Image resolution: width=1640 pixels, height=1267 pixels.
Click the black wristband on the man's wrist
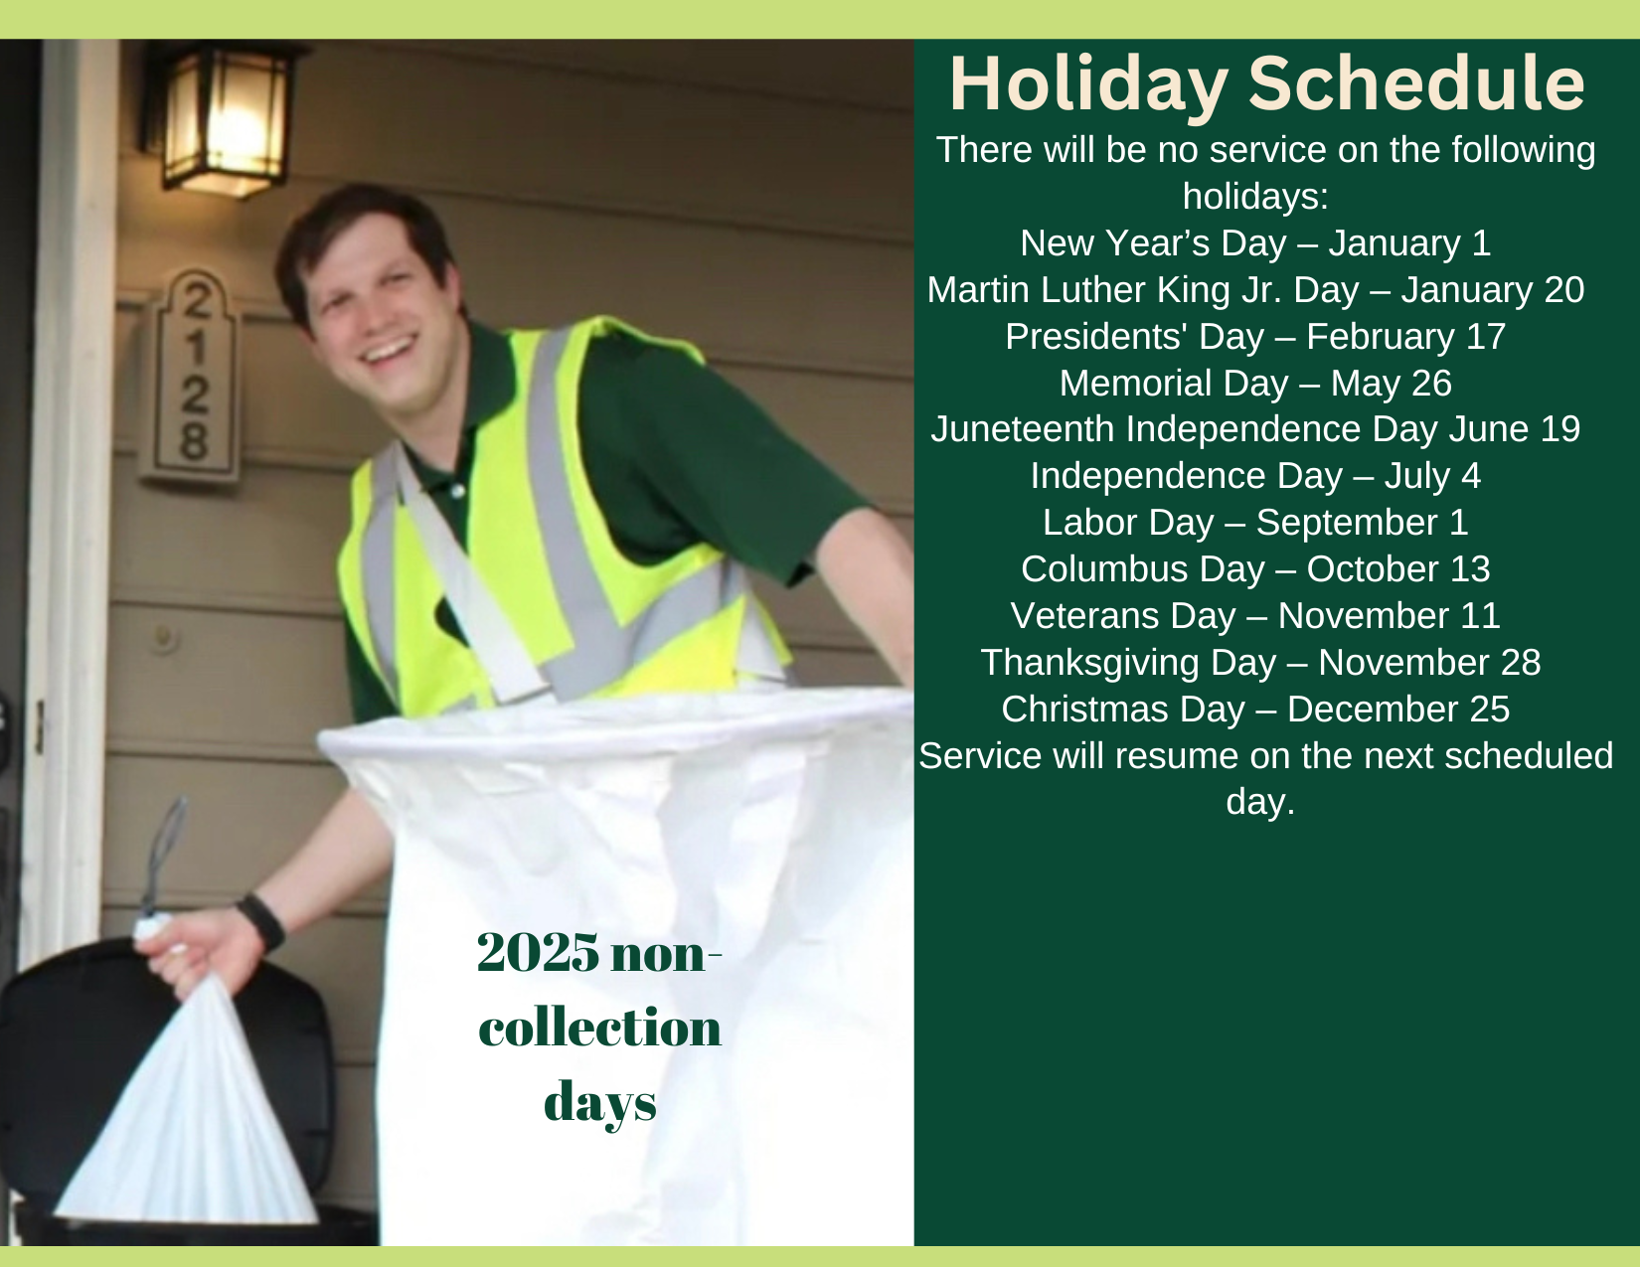(x=260, y=922)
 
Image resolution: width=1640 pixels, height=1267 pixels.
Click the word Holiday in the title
(x=1088, y=84)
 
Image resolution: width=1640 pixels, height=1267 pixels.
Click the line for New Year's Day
(x=1256, y=243)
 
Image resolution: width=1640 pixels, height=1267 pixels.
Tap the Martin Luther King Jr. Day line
(x=1256, y=290)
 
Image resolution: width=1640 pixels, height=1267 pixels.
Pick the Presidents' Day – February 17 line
(x=1256, y=337)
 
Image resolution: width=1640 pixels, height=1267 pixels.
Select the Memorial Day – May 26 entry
(x=1256, y=384)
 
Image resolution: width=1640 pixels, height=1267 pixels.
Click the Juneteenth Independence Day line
(x=1256, y=429)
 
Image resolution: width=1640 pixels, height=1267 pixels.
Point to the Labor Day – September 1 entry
(x=1256, y=522)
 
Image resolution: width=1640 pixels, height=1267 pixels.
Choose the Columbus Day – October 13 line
(x=1256, y=569)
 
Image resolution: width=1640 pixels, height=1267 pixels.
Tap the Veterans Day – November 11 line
(x=1256, y=616)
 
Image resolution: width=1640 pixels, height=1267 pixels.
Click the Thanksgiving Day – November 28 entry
(x=1260, y=663)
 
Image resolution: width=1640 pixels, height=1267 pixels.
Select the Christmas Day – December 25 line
(x=1256, y=710)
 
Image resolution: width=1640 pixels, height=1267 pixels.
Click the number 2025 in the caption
(x=538, y=952)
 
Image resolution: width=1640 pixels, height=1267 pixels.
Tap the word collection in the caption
(x=600, y=1028)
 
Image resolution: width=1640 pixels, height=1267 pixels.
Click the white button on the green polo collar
(x=456, y=491)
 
